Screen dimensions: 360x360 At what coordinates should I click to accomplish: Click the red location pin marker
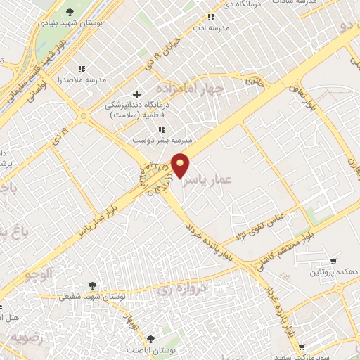coord(181,165)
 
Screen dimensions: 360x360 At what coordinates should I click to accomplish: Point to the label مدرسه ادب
coord(210,30)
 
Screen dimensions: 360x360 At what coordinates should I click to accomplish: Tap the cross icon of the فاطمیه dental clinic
coord(137,94)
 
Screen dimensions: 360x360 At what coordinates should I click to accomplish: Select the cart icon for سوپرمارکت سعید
coord(301,347)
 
